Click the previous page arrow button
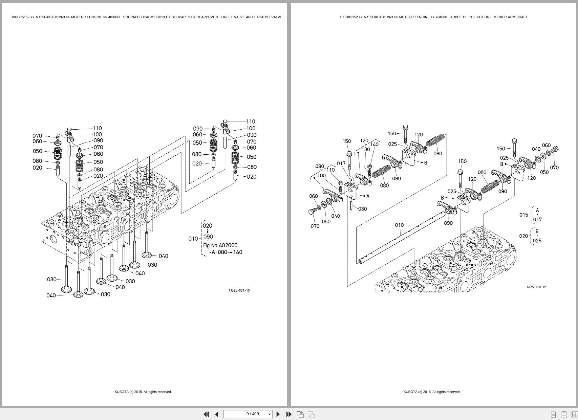coord(217,414)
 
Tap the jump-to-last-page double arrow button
coord(289,414)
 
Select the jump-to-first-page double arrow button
coord(206,414)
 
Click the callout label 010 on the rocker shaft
coord(399,225)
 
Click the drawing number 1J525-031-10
coord(239,290)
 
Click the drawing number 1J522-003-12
coord(536,287)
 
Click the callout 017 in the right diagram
coord(341,163)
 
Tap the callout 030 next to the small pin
coord(362,209)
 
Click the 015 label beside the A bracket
coord(523,215)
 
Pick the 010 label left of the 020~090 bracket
coord(193,239)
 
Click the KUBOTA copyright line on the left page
coord(143,392)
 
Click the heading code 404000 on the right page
coord(441,17)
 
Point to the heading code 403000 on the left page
coord(114,17)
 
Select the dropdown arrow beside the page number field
coord(270,414)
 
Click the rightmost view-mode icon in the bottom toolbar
coord(575,414)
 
